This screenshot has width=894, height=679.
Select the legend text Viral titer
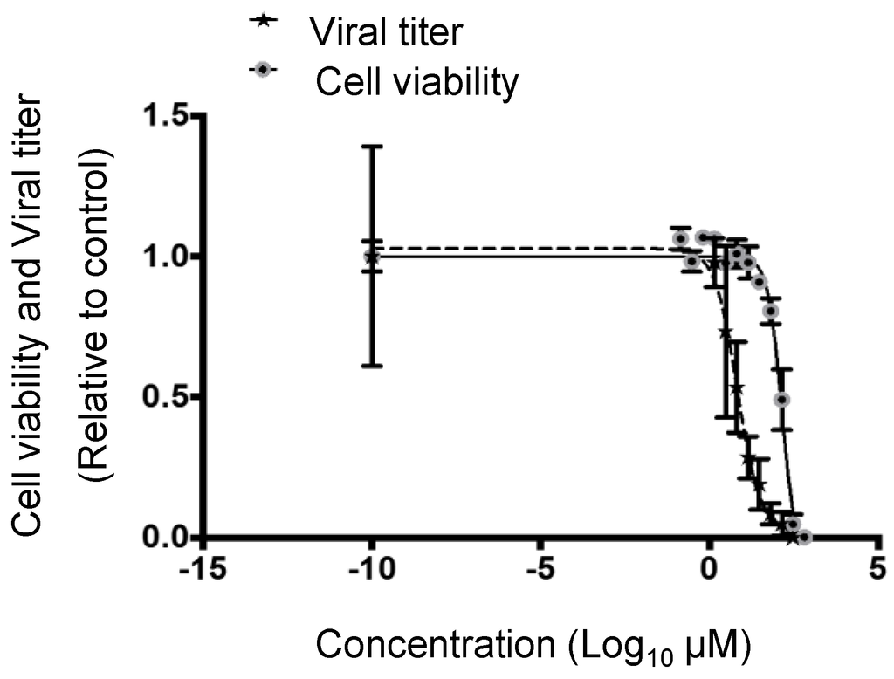point(385,32)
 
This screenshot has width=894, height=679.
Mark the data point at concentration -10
point(372,257)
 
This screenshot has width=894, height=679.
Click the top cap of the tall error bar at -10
point(372,147)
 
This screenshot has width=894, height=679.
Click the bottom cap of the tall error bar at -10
point(372,365)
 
